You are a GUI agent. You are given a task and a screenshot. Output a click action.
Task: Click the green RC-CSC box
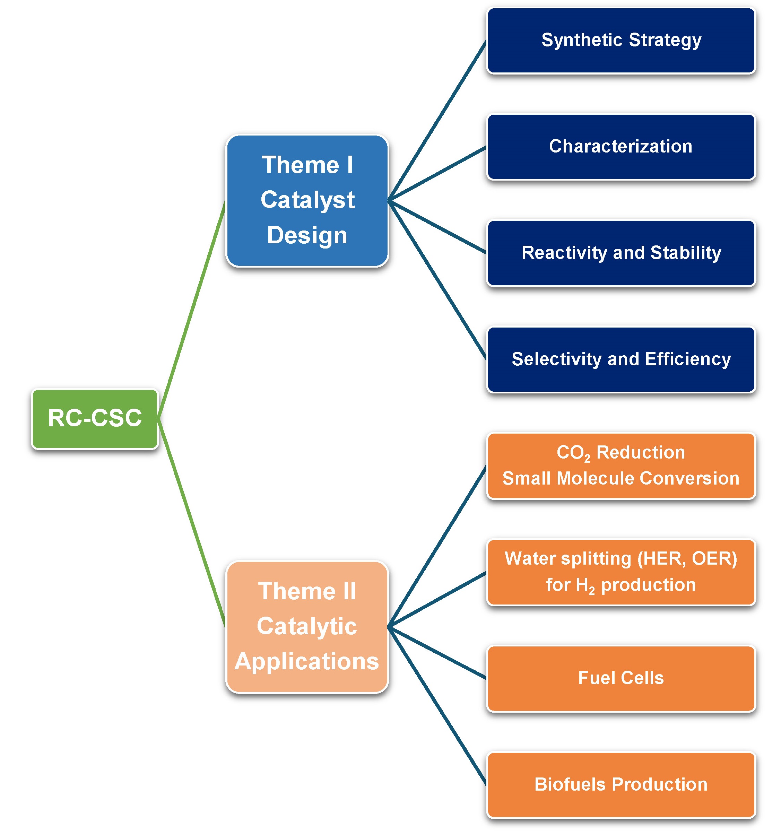(x=95, y=418)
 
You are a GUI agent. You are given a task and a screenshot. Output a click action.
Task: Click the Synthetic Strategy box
(x=621, y=40)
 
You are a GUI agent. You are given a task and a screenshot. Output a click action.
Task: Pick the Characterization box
(x=621, y=147)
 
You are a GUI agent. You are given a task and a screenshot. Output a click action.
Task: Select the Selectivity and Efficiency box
(x=621, y=359)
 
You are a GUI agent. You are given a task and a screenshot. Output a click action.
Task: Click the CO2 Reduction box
(x=621, y=466)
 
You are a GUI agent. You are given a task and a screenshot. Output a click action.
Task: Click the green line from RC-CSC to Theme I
(x=192, y=310)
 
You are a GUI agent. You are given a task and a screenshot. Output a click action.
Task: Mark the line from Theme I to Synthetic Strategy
(x=437, y=121)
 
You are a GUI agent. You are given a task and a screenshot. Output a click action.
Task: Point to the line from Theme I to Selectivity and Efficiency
(x=437, y=280)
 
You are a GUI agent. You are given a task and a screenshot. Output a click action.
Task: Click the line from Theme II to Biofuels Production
(x=437, y=706)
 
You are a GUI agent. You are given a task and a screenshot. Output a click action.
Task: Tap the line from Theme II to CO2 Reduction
(x=437, y=547)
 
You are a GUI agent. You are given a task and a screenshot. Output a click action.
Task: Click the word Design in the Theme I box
(x=307, y=235)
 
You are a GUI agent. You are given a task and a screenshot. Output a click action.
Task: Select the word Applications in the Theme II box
(x=307, y=662)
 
